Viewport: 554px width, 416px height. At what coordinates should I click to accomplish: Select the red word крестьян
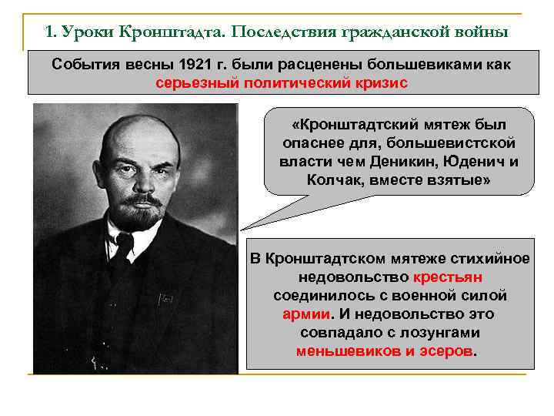point(447,277)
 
